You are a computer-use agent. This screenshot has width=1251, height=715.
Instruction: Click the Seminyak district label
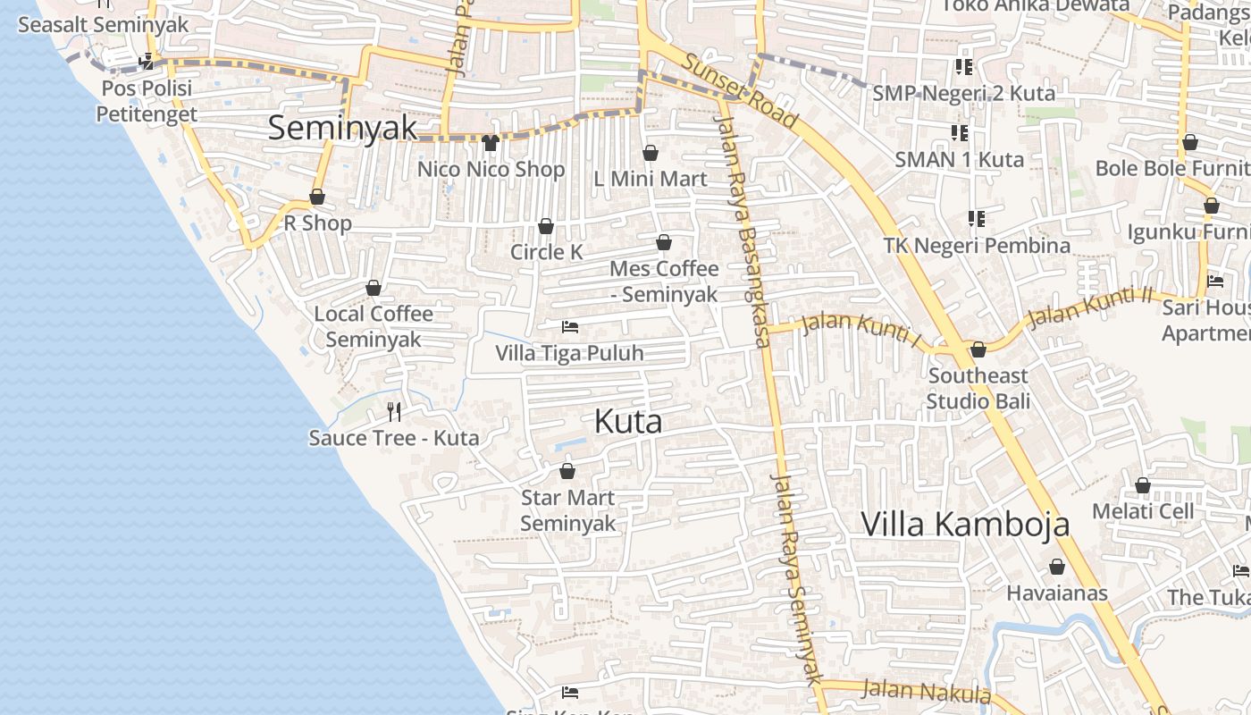pos(342,128)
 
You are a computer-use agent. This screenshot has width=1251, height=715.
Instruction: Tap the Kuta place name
pos(628,422)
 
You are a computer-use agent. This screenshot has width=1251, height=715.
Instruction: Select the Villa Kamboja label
pos(965,524)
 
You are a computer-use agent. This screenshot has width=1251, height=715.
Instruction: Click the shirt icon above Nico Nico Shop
pos(490,142)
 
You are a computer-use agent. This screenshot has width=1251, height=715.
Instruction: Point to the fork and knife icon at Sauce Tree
pos(394,411)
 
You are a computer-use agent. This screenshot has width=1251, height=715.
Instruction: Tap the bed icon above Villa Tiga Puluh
pos(570,327)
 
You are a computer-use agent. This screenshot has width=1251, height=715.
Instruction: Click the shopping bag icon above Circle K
pos(545,226)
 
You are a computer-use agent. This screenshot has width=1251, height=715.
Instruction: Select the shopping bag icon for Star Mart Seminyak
pos(567,471)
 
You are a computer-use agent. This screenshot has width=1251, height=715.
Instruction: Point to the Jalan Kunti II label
pos(1090,307)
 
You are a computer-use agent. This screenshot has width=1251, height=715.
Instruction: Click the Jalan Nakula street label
pos(926,691)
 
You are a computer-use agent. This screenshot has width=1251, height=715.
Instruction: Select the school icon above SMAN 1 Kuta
pos(960,133)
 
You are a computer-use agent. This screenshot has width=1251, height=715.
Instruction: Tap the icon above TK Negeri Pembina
pos(976,218)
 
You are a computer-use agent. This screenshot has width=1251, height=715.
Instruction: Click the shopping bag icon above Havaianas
pos(1057,567)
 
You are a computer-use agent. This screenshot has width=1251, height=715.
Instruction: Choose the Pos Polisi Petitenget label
pos(147,101)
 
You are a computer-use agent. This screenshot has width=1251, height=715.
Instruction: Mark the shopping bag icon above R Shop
pos(317,197)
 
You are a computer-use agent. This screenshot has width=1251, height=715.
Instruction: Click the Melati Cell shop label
pos(1143,511)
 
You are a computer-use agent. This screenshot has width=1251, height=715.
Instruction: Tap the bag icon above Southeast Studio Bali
pos(978,349)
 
